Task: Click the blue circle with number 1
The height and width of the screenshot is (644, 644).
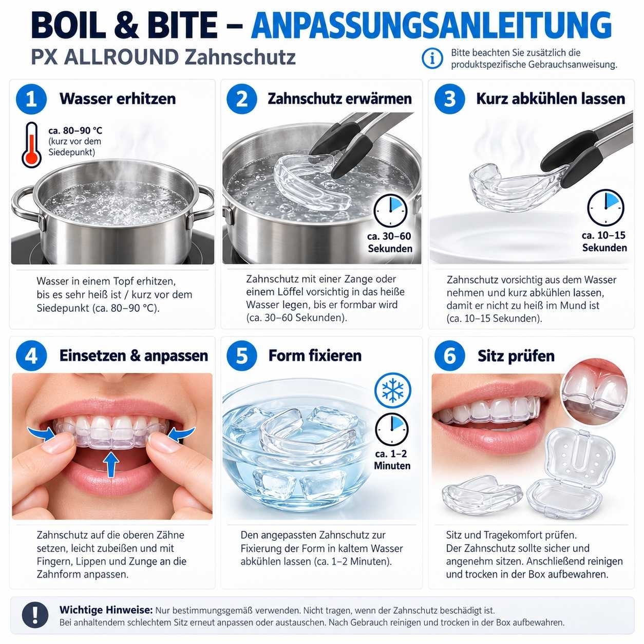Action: click(31, 99)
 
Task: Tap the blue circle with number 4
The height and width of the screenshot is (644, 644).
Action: click(31, 355)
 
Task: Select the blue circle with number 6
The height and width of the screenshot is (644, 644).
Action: click(449, 355)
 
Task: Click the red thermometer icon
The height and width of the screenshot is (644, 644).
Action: click(31, 145)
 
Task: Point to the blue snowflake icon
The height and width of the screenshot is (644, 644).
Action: click(392, 390)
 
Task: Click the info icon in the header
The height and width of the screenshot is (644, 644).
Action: click(432, 59)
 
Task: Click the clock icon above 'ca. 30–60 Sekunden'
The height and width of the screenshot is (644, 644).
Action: click(390, 211)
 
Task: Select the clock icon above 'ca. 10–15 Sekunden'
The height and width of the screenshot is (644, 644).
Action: click(605, 207)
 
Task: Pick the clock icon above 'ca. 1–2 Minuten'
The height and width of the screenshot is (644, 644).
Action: click(392, 429)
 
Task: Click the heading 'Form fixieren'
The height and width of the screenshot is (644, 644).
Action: click(315, 355)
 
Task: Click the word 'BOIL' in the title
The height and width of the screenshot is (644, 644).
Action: click(68, 25)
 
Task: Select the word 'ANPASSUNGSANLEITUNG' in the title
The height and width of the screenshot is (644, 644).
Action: click(431, 25)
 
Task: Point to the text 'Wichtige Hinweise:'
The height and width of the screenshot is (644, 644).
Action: click(106, 610)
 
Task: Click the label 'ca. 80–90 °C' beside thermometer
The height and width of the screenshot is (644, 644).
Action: click(75, 130)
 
